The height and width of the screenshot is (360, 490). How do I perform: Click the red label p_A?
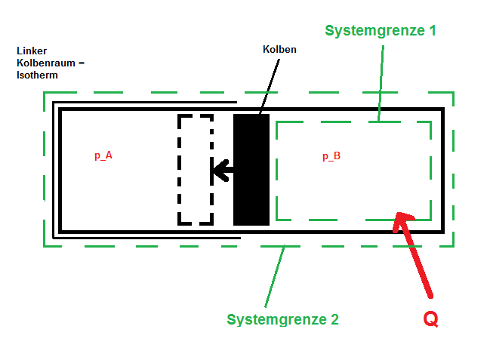click(x=103, y=155)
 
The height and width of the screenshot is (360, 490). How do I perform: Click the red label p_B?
click(x=331, y=156)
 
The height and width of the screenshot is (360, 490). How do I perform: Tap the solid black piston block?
click(x=251, y=170)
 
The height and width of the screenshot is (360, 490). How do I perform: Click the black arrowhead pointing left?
click(x=221, y=171)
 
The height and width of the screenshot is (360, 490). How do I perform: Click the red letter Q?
click(x=430, y=319)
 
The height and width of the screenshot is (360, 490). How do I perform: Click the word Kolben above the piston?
click(x=279, y=49)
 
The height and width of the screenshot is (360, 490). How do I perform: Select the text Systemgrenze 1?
click(x=381, y=31)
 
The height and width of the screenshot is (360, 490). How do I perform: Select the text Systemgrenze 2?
click(x=282, y=319)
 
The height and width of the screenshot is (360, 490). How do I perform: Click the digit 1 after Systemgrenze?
click(x=432, y=30)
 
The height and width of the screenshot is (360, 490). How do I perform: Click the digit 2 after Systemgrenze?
click(x=334, y=319)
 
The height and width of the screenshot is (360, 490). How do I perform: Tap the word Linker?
click(x=32, y=51)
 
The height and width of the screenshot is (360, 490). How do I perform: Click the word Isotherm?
click(x=37, y=75)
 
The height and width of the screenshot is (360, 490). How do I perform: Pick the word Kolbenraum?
click(x=46, y=63)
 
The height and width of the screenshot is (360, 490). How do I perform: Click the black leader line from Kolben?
click(x=270, y=86)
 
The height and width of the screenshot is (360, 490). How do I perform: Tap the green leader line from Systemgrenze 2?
click(x=275, y=276)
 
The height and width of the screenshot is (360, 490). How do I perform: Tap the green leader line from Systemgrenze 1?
click(x=381, y=84)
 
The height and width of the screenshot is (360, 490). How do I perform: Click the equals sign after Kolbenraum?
click(x=82, y=63)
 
